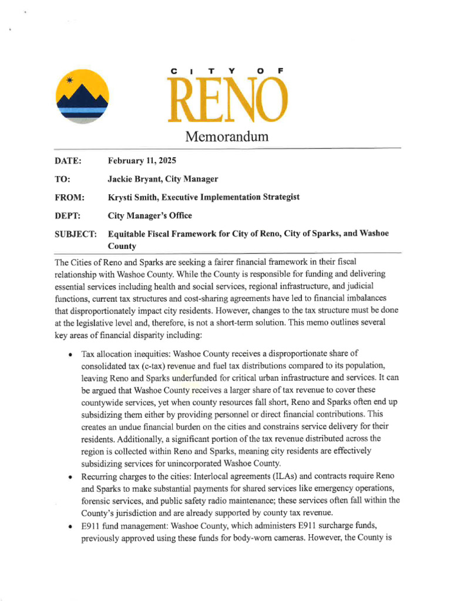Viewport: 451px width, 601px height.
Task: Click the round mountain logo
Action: (x=82, y=96)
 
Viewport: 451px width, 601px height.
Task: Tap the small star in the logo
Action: (x=70, y=80)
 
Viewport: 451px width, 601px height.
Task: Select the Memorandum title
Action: (x=227, y=137)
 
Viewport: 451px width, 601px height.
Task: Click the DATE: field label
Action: (x=68, y=161)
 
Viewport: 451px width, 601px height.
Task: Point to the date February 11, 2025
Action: (x=142, y=161)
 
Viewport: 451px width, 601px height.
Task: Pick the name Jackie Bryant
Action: (x=134, y=179)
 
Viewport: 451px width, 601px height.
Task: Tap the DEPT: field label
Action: (x=67, y=216)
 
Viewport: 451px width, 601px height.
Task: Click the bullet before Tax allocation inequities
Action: (x=70, y=354)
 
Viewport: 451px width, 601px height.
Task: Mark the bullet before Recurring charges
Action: (x=70, y=476)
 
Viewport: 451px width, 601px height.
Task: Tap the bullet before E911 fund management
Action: (x=70, y=525)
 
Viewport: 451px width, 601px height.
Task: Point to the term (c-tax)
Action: (x=152, y=365)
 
